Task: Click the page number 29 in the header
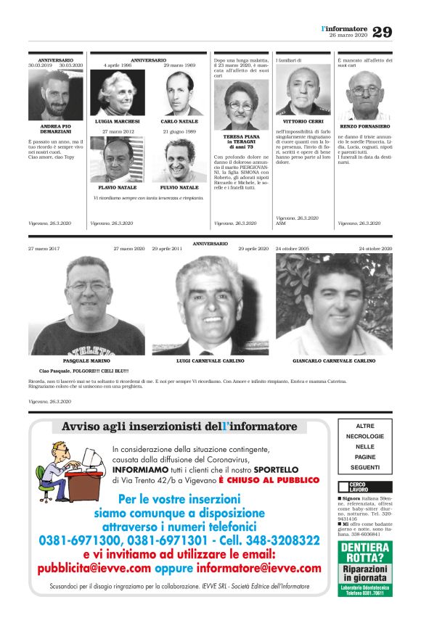click(383, 32)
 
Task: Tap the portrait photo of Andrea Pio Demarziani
click(55, 94)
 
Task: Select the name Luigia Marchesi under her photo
click(117, 121)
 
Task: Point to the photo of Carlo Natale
click(179, 92)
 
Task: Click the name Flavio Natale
click(117, 187)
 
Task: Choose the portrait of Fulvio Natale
click(179, 160)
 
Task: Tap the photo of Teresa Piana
click(240, 105)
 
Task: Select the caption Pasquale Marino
click(86, 361)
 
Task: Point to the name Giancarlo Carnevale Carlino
click(334, 361)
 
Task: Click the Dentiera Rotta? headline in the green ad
click(365, 553)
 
